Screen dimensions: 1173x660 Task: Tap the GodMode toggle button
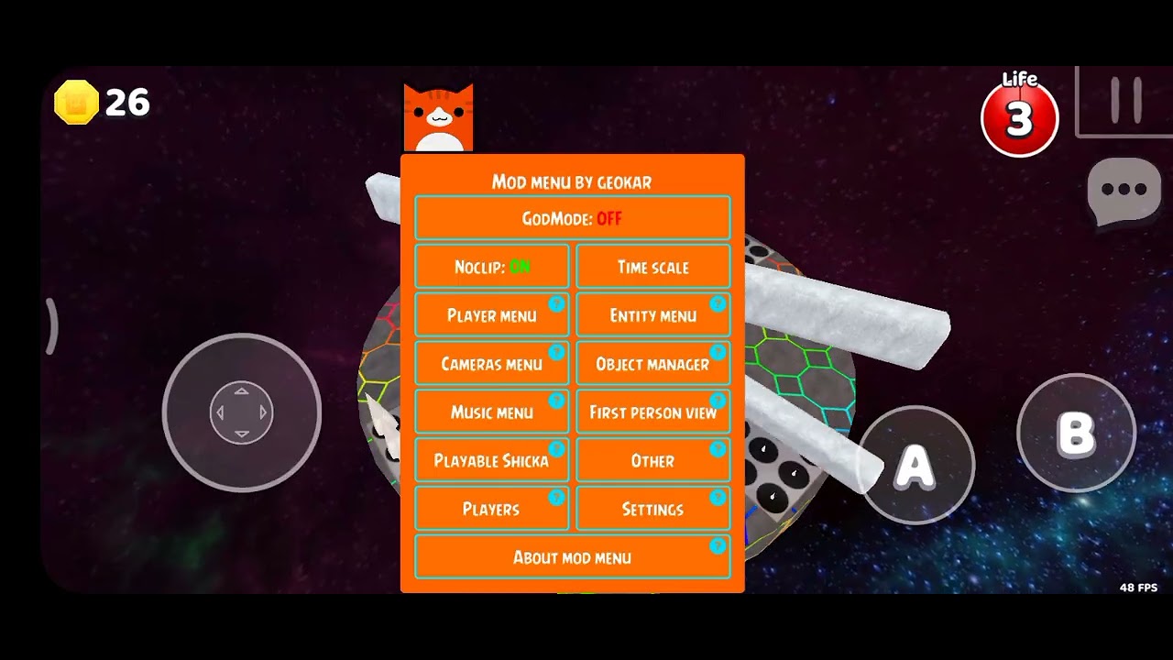pyautogui.click(x=573, y=218)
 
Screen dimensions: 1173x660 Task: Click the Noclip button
pyautogui.click(x=492, y=267)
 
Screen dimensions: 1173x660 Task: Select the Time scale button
pyautogui.click(x=653, y=267)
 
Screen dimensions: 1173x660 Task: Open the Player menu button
pyautogui.click(x=492, y=314)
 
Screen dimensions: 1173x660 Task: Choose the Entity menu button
pyautogui.click(x=653, y=314)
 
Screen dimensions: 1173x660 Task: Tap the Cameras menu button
pyautogui.click(x=492, y=363)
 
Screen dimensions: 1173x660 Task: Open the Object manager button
pyautogui.click(x=653, y=363)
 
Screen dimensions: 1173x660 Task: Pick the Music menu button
pyautogui.click(x=492, y=412)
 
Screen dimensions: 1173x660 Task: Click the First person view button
pyautogui.click(x=653, y=412)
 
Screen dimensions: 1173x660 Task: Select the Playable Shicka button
pyautogui.click(x=492, y=460)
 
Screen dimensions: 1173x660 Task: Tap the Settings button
pyautogui.click(x=653, y=508)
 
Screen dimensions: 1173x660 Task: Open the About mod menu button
pyautogui.click(x=573, y=556)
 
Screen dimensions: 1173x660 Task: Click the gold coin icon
pyautogui.click(x=76, y=102)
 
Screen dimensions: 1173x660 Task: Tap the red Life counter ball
pyautogui.click(x=1020, y=118)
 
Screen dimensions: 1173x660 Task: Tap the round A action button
pyautogui.click(x=915, y=465)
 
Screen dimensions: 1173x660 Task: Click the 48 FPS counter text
pyautogui.click(x=1138, y=588)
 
